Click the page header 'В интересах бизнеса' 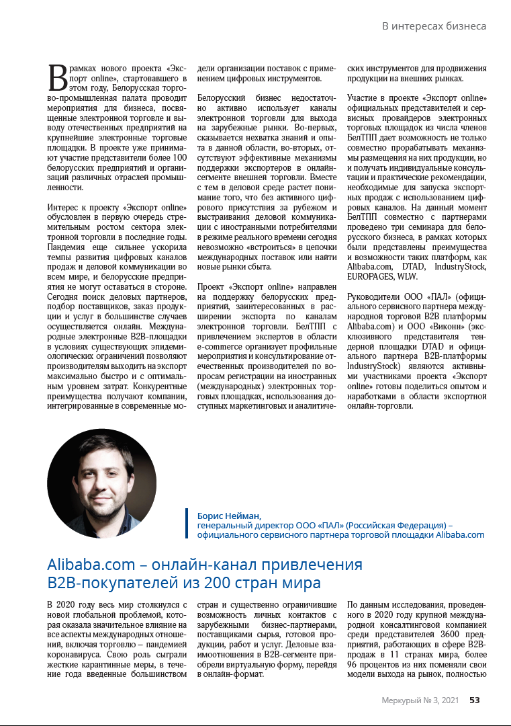tap(434, 26)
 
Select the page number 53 tap(474, 700)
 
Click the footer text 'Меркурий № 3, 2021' tap(420, 700)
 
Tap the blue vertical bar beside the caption tap(187, 523)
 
